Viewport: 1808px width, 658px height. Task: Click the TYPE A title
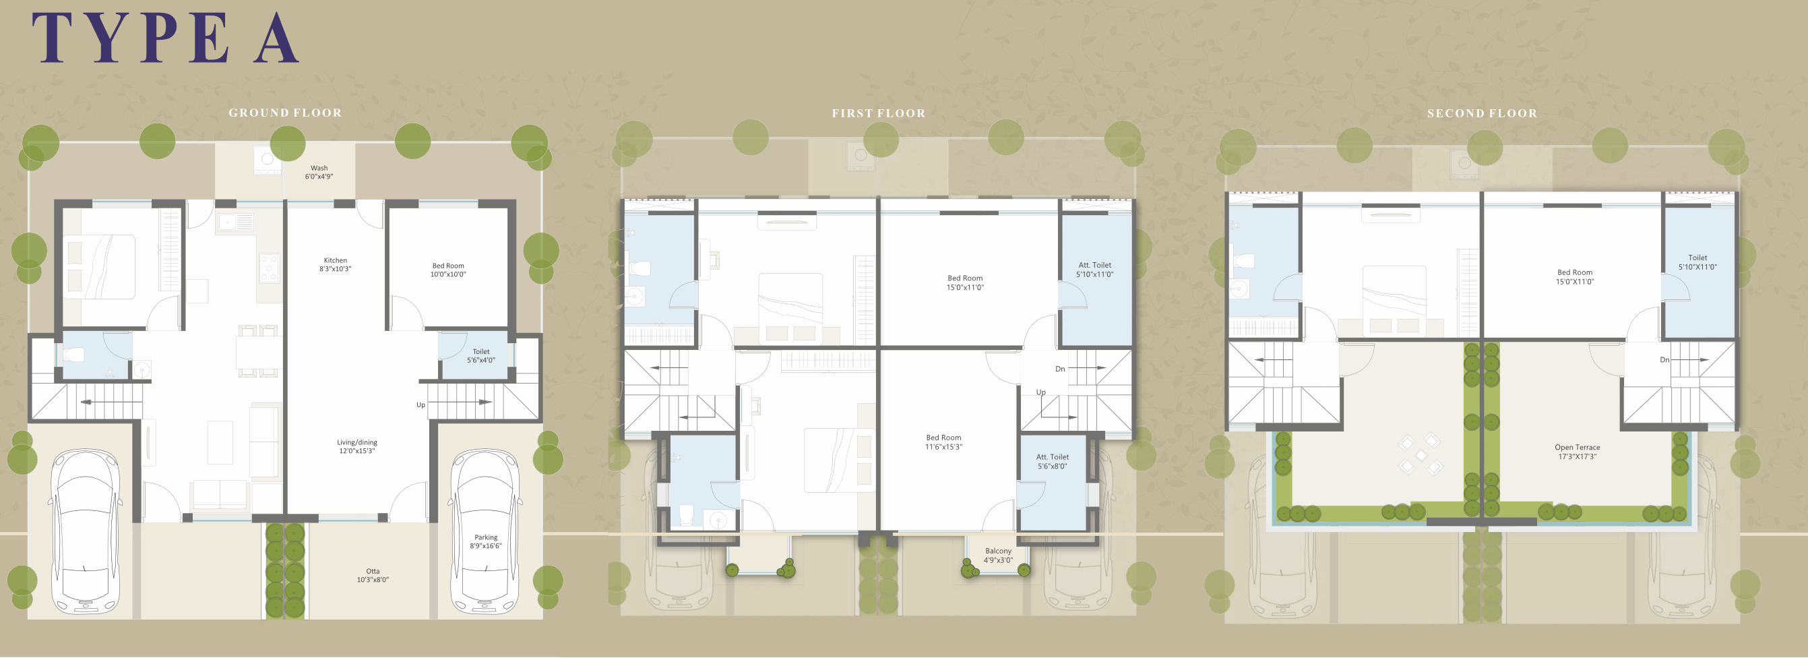[166, 38]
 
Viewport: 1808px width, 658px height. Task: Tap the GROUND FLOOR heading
[285, 113]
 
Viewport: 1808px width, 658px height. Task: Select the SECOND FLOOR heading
[1483, 113]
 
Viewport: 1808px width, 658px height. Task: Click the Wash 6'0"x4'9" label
[319, 172]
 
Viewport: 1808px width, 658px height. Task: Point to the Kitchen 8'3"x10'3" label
[336, 264]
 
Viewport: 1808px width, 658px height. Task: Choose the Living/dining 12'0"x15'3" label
[357, 446]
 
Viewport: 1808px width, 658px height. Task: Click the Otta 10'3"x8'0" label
[373, 575]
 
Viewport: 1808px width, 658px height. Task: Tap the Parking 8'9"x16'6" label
[486, 541]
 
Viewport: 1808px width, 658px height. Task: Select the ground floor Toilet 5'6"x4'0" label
[480, 356]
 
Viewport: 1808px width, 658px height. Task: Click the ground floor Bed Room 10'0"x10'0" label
[449, 270]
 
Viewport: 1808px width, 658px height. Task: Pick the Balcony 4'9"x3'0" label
[998, 556]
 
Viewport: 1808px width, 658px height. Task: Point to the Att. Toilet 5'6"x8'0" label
[1052, 461]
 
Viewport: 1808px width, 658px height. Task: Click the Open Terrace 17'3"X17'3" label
[1577, 452]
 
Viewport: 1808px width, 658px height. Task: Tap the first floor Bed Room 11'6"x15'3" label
[943, 442]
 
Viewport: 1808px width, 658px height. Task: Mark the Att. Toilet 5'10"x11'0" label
[1095, 270]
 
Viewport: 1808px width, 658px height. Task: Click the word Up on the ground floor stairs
[420, 405]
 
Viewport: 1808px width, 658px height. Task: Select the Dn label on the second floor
[1664, 360]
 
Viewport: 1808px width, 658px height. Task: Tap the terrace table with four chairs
[1420, 454]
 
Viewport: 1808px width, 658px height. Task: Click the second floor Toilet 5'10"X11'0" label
[1697, 262]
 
